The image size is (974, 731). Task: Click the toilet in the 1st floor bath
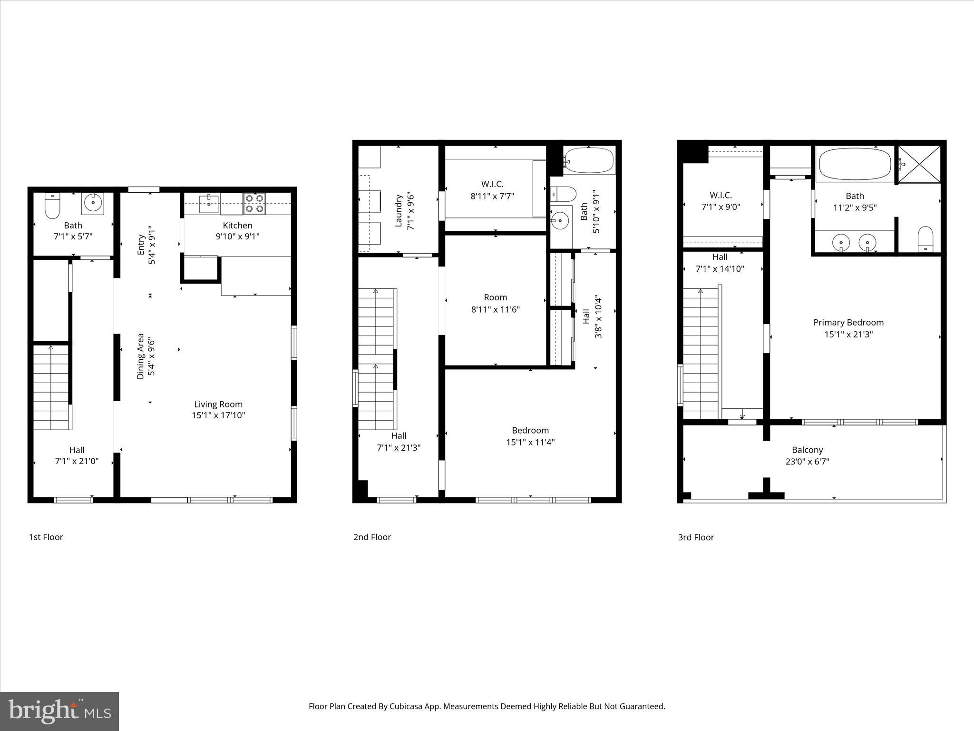click(52, 206)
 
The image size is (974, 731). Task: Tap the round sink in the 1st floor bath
click(93, 204)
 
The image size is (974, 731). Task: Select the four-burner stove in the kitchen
click(255, 204)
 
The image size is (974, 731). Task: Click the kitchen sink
click(209, 204)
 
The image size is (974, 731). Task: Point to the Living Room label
click(218, 405)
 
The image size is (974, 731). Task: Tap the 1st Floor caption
click(46, 537)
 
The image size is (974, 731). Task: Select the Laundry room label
click(399, 210)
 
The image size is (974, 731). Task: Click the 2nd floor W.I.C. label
click(492, 184)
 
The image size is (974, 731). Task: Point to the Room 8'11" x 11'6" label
click(495, 303)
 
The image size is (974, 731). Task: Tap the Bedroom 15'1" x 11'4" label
click(530, 436)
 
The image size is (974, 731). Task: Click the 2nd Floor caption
click(372, 537)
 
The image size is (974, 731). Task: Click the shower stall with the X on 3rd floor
click(919, 164)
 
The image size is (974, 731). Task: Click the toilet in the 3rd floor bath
click(925, 239)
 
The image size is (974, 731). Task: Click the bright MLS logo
click(59, 711)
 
